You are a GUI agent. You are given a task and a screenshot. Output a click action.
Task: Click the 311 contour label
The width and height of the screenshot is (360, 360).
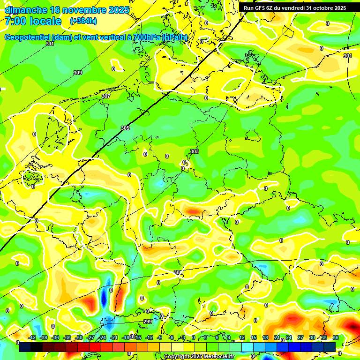click(x=50, y=44)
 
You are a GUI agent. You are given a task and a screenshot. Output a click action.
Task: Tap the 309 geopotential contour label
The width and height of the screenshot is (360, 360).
click(x=78, y=73)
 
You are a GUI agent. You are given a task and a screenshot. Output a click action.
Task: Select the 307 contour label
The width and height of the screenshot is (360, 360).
click(x=106, y=96)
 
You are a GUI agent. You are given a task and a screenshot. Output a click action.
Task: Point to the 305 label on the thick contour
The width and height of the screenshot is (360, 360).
click(x=125, y=128)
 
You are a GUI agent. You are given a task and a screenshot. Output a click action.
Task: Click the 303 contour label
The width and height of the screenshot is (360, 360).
click(x=195, y=151)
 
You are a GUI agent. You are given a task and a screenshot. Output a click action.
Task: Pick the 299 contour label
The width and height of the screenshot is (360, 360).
click(x=148, y=322)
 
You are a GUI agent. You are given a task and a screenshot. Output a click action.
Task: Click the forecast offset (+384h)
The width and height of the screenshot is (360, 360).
click(x=83, y=21)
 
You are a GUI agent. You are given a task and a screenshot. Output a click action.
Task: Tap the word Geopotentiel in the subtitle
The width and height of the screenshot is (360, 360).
click(x=29, y=37)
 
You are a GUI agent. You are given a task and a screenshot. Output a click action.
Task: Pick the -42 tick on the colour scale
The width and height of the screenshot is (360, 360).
click(x=32, y=337)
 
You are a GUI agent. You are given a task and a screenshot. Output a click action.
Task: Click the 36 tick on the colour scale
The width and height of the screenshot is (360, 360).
click(x=336, y=337)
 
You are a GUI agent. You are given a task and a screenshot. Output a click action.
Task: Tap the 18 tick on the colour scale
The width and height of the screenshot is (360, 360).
click(x=265, y=337)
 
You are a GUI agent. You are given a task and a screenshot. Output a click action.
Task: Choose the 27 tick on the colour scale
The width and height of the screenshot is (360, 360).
click(x=300, y=337)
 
